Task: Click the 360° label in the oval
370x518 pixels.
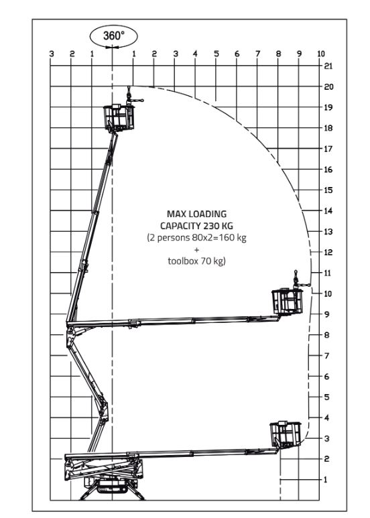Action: pos(112,36)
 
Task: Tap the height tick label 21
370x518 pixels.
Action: pos(328,66)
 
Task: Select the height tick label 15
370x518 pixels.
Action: pos(328,190)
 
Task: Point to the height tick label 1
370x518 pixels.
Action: pos(326,480)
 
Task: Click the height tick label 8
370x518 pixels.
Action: pos(326,335)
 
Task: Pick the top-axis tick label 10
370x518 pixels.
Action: pos(321,54)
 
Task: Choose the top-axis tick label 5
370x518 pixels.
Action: pos(217,54)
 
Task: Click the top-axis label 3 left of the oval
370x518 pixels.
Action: pos(52,54)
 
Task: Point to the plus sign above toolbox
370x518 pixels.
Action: pos(196,249)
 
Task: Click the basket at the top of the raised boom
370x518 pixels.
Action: pos(118,118)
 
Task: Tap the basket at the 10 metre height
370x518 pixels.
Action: pos(288,301)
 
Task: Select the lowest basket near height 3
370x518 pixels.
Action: pos(285,434)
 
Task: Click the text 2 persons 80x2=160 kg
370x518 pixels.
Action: pos(196,238)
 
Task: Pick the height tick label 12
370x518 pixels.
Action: pos(328,253)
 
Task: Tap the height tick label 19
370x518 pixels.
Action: pos(328,107)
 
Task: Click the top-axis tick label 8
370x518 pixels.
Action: pos(278,54)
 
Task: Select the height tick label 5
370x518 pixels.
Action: pos(326,397)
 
